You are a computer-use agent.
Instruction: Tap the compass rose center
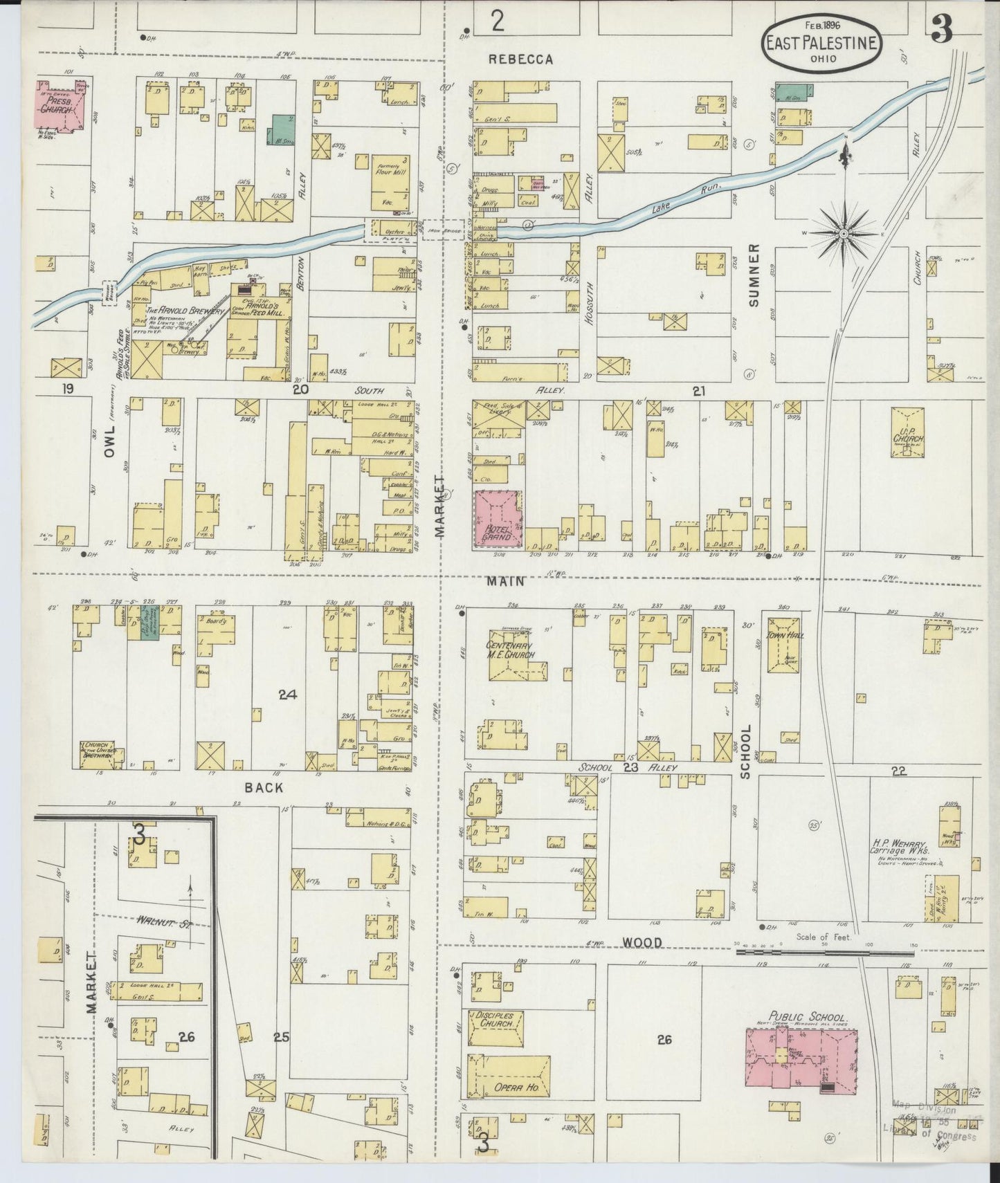click(x=844, y=234)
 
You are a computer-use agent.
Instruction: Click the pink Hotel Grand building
click(x=498, y=520)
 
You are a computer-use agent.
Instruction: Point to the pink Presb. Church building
click(x=63, y=106)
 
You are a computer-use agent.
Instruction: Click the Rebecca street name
click(x=520, y=59)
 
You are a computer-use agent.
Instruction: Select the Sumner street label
click(x=754, y=275)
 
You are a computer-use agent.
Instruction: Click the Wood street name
click(x=642, y=942)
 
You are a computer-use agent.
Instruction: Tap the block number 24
click(x=287, y=695)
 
